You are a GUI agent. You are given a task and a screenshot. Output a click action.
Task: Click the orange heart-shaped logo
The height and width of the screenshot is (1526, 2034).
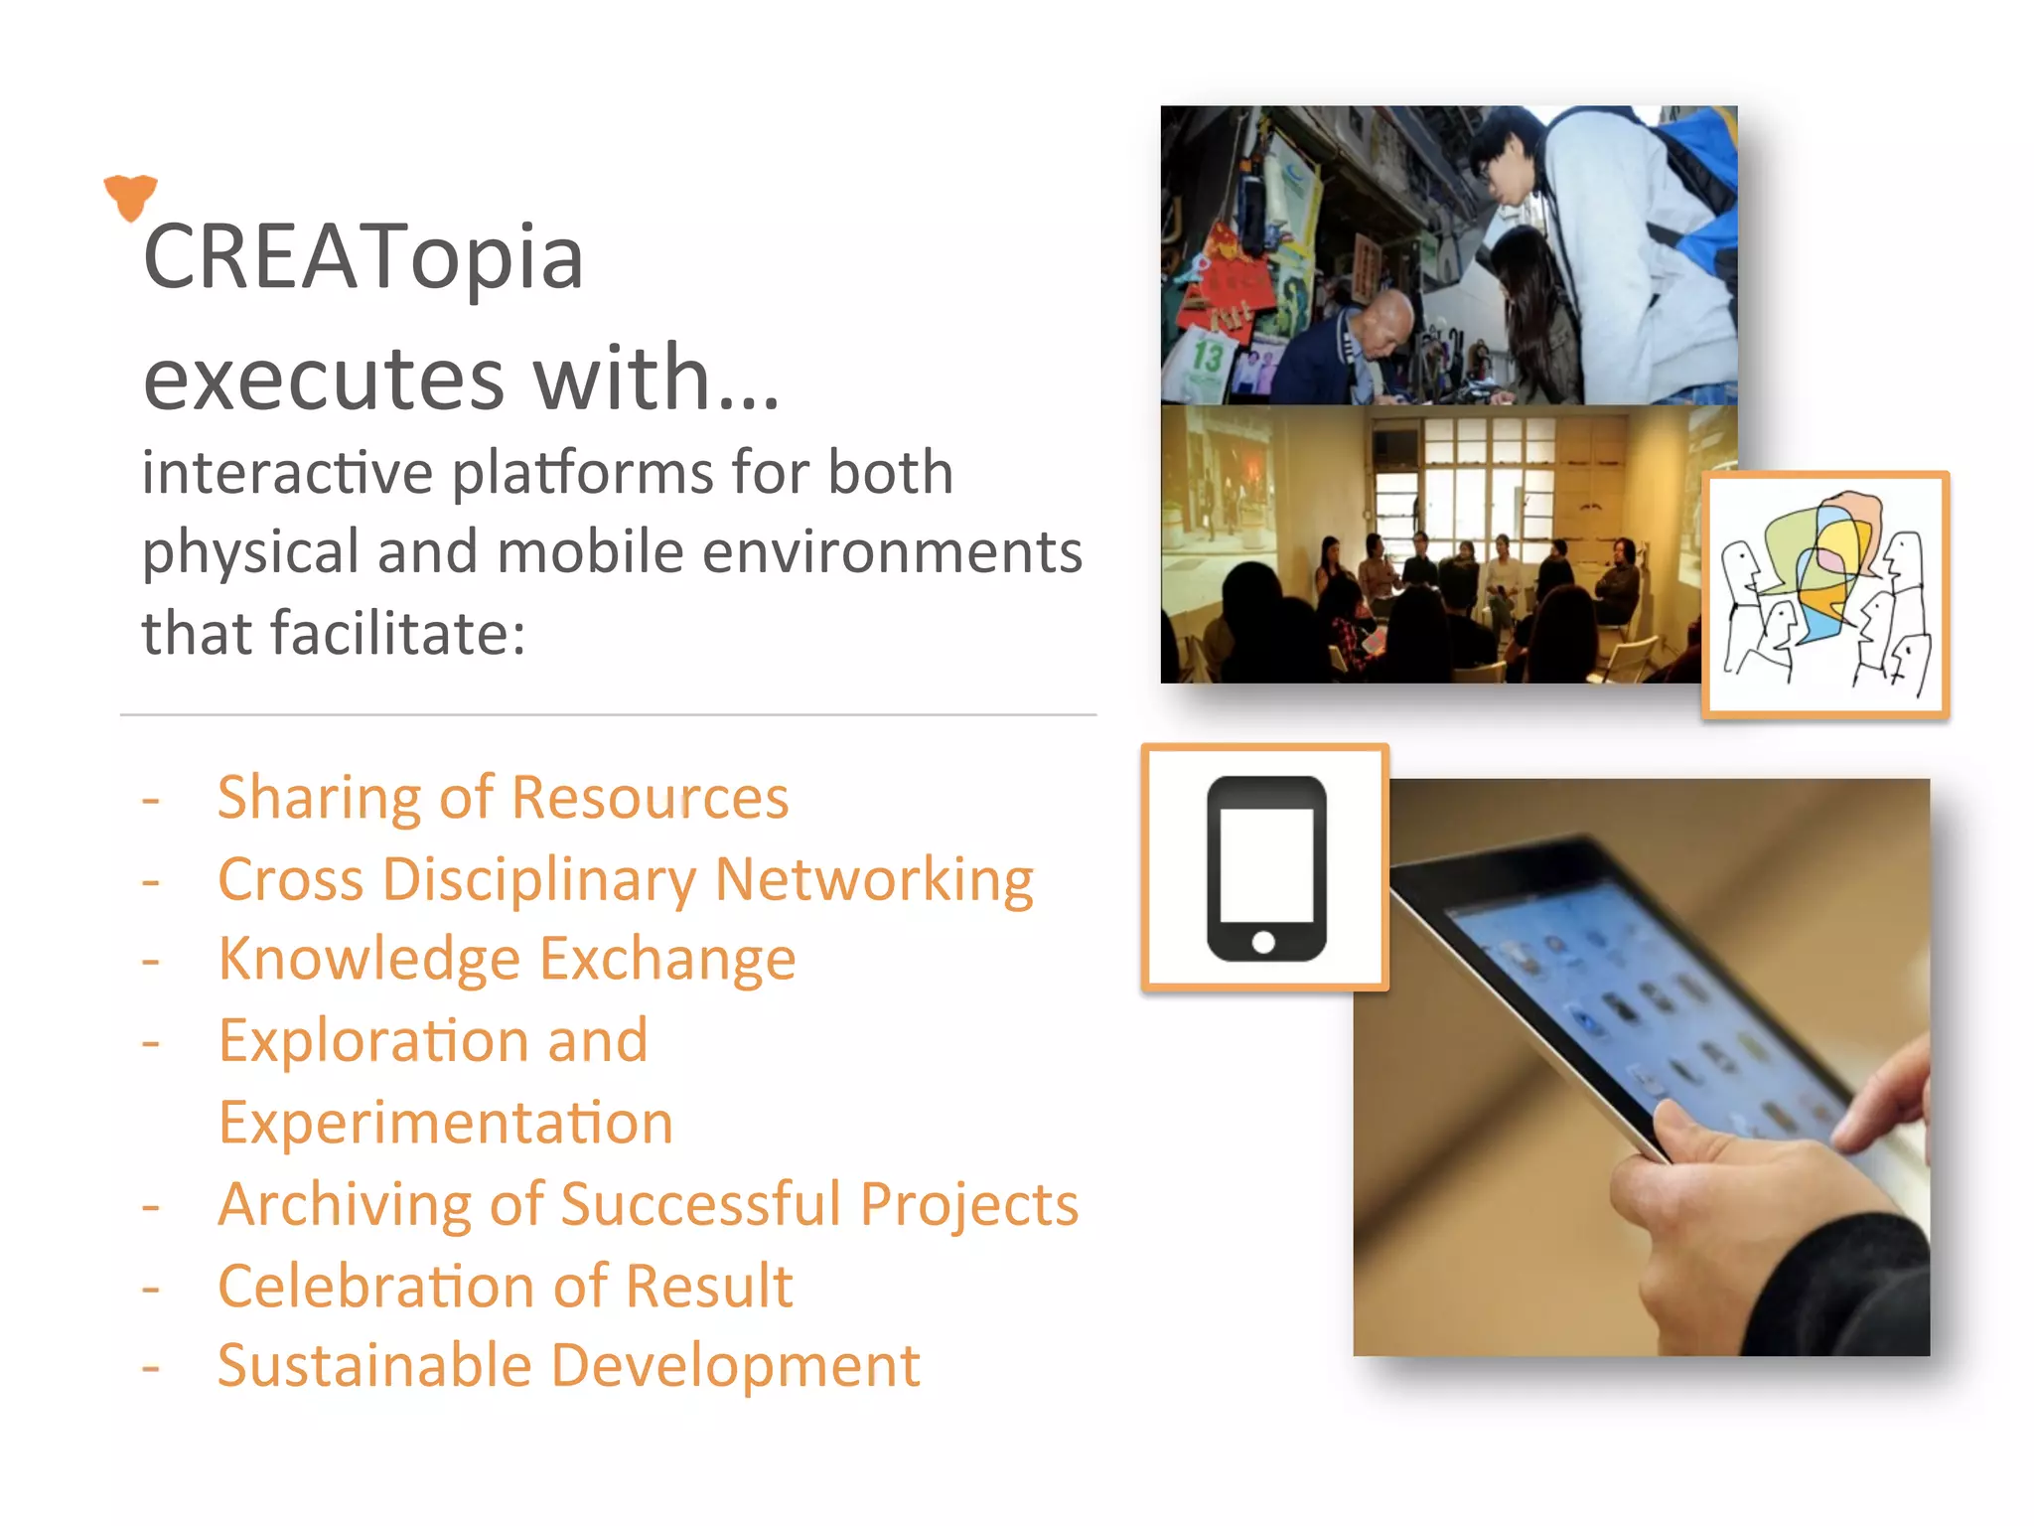130,196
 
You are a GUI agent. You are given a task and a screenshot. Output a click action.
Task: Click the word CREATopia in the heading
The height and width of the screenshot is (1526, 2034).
363,257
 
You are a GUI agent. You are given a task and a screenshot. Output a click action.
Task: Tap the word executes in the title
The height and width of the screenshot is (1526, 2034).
324,379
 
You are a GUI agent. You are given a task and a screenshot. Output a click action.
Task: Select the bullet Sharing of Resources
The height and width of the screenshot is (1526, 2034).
503,798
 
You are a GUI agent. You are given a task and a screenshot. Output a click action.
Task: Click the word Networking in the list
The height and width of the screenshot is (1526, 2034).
874,880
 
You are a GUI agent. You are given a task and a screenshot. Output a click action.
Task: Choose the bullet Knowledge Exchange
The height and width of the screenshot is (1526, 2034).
507,960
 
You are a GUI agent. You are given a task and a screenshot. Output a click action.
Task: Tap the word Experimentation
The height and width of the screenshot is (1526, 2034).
446,1124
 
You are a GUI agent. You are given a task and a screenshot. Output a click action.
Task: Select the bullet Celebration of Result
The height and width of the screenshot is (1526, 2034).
505,1287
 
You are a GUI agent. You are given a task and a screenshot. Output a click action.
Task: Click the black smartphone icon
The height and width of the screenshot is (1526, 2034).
1265,867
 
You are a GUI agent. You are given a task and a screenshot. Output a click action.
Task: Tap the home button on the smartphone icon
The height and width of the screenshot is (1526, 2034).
1263,942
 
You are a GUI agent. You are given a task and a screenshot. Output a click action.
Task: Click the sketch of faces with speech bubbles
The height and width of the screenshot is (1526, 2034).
1825,595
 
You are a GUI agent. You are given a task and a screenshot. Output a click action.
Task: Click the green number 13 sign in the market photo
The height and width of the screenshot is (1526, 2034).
1208,356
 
